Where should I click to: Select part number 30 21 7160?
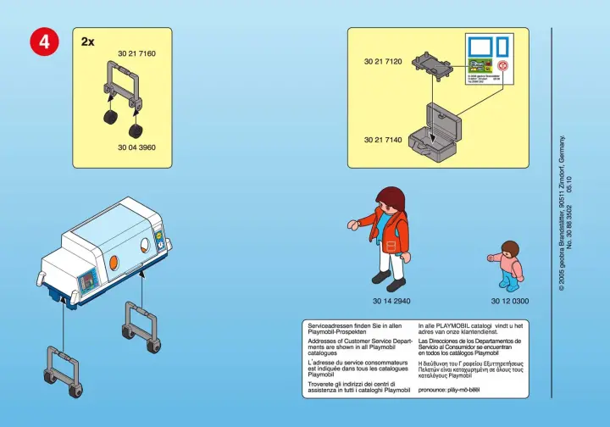coord(136,53)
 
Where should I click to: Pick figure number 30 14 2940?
coord(391,301)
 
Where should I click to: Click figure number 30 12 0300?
coord(510,301)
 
